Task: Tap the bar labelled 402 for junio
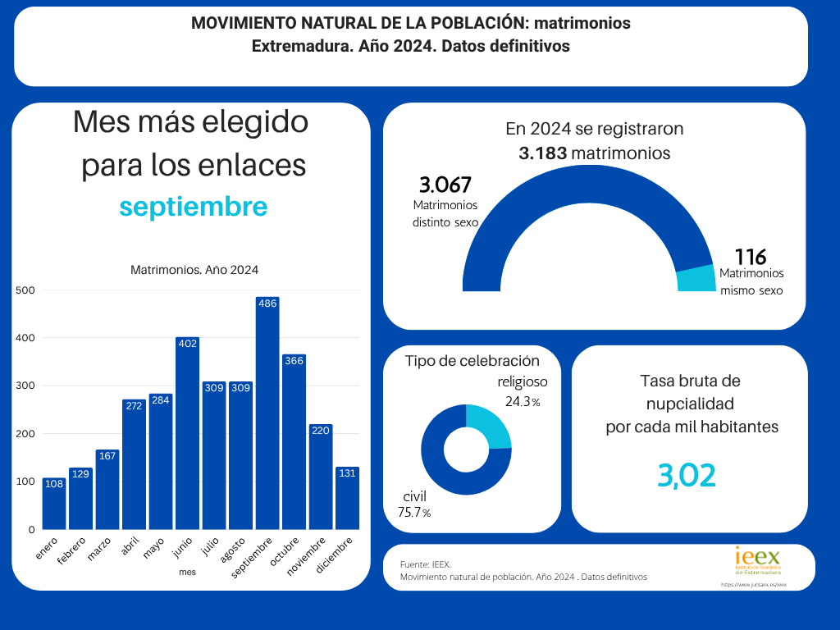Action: (x=187, y=435)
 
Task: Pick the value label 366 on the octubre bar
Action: (x=294, y=360)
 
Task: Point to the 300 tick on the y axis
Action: (x=25, y=386)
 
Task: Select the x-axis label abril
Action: (x=130, y=546)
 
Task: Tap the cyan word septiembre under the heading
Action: (x=194, y=207)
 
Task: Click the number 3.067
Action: (x=445, y=185)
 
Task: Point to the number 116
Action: (x=750, y=257)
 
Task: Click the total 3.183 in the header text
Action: (x=543, y=153)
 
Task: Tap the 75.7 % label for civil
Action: (x=414, y=513)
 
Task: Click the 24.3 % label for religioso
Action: (x=521, y=402)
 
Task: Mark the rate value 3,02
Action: (x=687, y=475)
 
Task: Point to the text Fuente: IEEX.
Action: (x=426, y=565)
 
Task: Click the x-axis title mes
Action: (x=187, y=572)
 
